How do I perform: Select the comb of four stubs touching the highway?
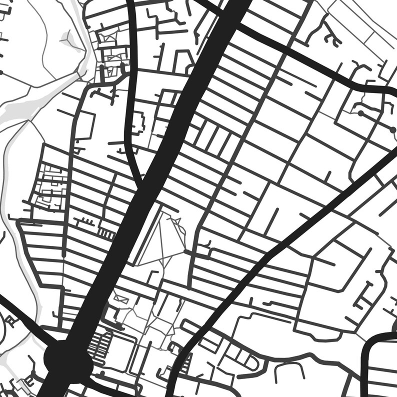tap(106, 233)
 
